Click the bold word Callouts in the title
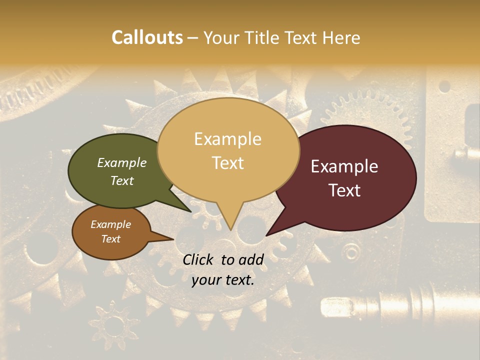(x=147, y=37)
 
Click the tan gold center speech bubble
(x=228, y=150)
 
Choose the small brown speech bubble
(x=111, y=232)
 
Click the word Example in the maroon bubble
(x=344, y=166)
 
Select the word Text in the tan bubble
(x=228, y=163)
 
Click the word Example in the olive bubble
(x=122, y=163)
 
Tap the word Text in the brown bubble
(x=111, y=239)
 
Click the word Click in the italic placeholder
(x=199, y=259)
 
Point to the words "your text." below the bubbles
(x=223, y=280)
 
